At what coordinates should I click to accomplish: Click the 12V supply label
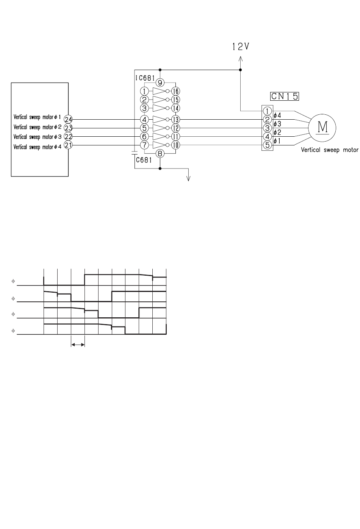click(241, 47)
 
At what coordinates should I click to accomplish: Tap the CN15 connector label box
click(285, 96)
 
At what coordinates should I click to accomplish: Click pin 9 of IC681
click(160, 83)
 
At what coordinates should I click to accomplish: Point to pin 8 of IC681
click(160, 154)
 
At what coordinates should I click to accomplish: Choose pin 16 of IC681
click(175, 91)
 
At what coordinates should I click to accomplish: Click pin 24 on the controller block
click(68, 120)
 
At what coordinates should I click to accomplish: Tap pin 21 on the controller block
click(68, 145)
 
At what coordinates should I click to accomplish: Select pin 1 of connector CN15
click(267, 111)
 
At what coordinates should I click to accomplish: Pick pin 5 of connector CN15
click(267, 145)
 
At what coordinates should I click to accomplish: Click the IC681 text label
click(145, 78)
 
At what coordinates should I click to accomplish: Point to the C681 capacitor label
click(144, 160)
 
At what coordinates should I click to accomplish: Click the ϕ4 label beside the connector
click(277, 115)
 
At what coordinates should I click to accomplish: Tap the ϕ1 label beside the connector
click(277, 141)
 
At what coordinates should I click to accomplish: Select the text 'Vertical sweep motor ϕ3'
click(38, 137)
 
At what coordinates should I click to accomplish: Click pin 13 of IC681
click(175, 120)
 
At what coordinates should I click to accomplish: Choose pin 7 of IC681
click(144, 145)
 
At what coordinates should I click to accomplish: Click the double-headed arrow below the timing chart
click(78, 345)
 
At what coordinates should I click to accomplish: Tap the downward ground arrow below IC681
click(188, 175)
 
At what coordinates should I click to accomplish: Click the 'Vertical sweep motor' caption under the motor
click(330, 150)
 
